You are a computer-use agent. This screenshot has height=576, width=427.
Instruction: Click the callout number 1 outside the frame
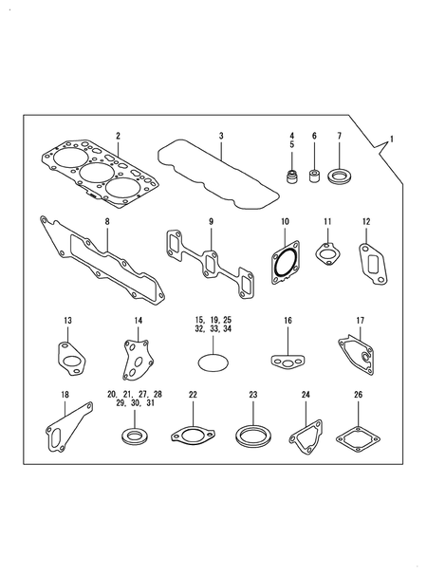396,139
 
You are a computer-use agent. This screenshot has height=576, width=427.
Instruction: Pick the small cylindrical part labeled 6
315,177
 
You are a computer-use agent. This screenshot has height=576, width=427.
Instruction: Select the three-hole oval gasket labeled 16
287,360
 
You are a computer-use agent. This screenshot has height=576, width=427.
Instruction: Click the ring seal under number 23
251,436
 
